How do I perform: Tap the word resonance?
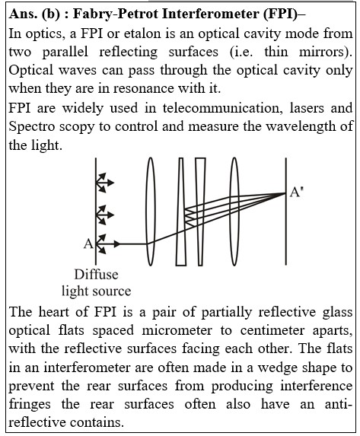(x=144, y=89)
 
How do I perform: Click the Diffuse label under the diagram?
(x=96, y=275)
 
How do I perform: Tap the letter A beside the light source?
(x=88, y=243)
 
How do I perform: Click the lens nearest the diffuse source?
(x=150, y=212)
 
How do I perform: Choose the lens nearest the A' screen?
(x=234, y=212)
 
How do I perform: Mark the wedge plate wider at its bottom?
(x=181, y=212)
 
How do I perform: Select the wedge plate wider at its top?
(x=200, y=212)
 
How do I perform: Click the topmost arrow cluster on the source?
(x=104, y=183)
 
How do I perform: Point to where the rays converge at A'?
(x=285, y=193)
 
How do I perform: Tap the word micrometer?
(x=177, y=331)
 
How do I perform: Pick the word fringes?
(x=30, y=405)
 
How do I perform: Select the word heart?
(x=53, y=312)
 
